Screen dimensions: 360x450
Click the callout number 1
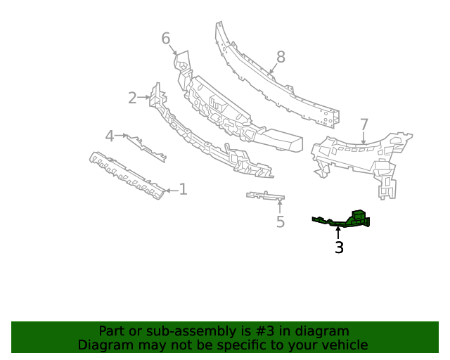[x=183, y=189]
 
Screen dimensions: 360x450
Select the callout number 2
[x=132, y=98]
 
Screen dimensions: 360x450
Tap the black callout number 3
[x=339, y=247]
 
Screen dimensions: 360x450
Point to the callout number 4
[x=110, y=136]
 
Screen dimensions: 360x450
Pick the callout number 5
[x=280, y=222]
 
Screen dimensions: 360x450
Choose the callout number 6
[x=166, y=38]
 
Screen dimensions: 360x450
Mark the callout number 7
[x=364, y=124]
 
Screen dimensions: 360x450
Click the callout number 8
[x=281, y=56]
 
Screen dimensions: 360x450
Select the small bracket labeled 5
[x=266, y=195]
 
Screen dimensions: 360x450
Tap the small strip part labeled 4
[x=147, y=146]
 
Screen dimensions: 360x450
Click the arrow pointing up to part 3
[x=338, y=233]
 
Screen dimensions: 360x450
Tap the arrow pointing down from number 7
[x=364, y=139]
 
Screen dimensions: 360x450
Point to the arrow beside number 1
[x=169, y=190]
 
